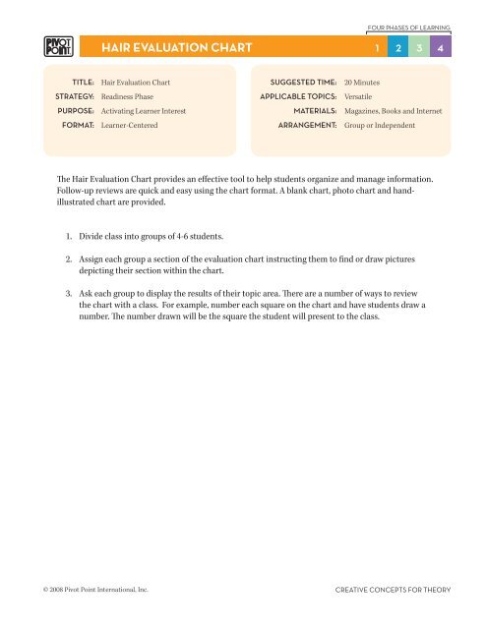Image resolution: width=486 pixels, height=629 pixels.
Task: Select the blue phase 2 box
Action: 397,47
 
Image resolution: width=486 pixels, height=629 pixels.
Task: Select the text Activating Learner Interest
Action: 144,112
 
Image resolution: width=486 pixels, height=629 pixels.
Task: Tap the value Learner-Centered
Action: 129,126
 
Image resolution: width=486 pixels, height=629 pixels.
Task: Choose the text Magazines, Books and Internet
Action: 393,112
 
